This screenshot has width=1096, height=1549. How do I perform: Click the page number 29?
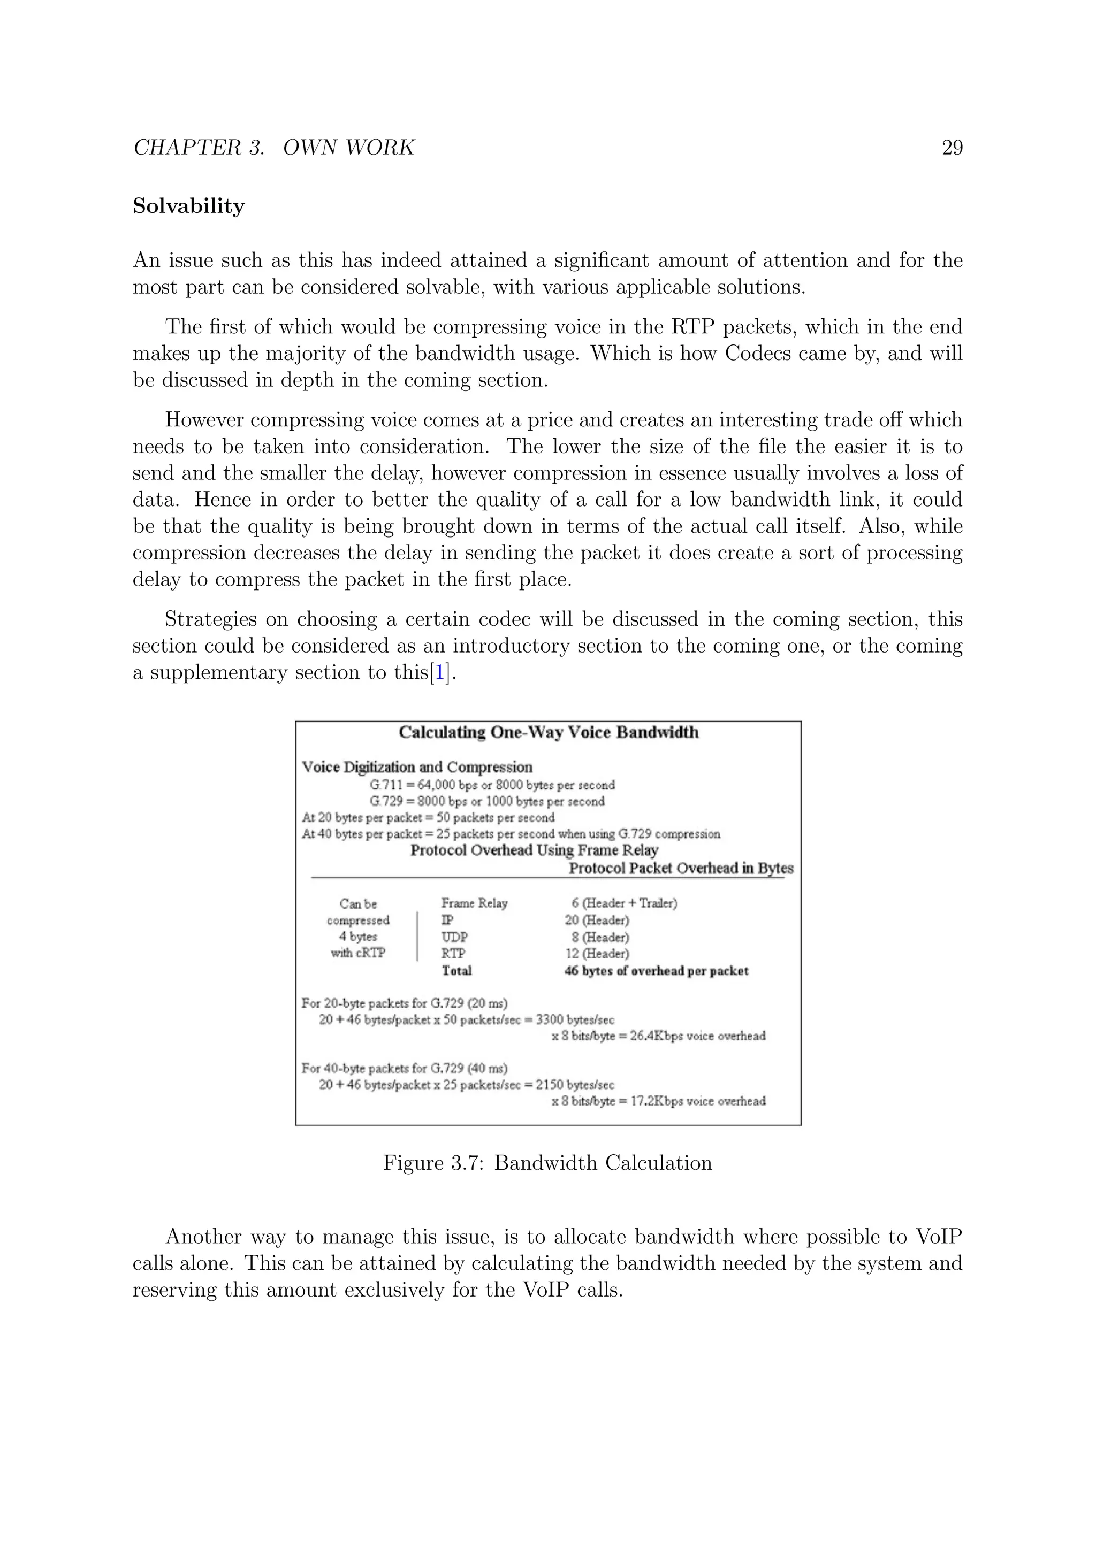(952, 148)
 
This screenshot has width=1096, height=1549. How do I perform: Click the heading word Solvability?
(188, 206)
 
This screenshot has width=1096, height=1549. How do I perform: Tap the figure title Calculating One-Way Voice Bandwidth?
(548, 733)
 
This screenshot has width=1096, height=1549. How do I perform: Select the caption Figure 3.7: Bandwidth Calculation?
(547, 1163)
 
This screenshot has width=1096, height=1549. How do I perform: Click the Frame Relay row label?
(474, 903)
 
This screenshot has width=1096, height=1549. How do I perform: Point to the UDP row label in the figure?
(454, 937)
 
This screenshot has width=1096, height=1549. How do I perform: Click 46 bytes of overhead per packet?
(656, 971)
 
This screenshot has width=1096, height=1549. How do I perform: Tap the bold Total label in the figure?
(456, 971)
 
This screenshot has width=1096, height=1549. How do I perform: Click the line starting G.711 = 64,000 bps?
(492, 785)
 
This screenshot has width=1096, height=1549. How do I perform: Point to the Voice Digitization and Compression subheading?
(416, 767)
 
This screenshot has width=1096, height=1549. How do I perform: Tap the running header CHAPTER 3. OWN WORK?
(273, 148)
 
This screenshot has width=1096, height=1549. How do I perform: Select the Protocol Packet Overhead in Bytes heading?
(680, 868)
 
